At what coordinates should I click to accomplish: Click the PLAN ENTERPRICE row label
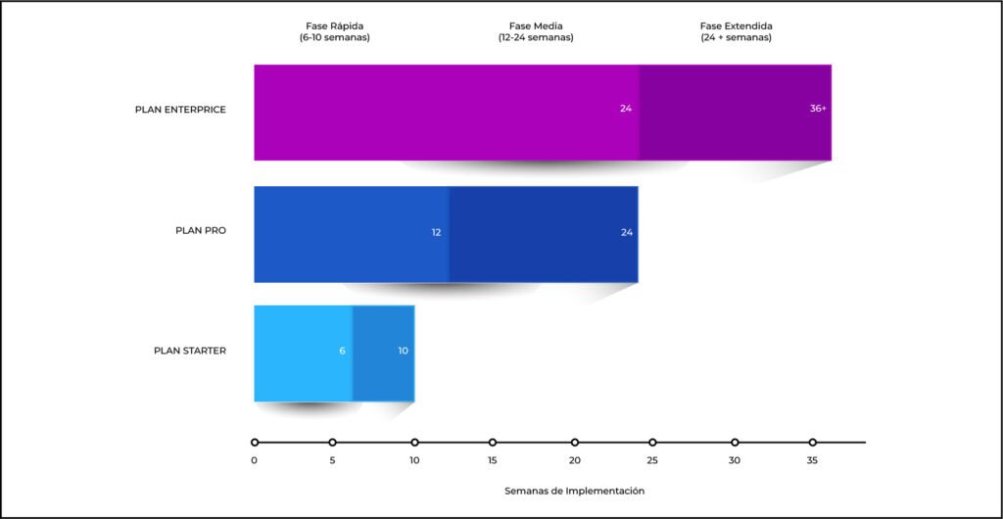[180, 110]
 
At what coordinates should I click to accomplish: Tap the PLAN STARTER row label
[190, 351]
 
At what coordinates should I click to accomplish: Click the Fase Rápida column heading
[334, 31]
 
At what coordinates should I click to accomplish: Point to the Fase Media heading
[536, 31]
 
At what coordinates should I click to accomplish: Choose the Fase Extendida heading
[736, 31]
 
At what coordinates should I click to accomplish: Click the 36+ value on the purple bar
[818, 109]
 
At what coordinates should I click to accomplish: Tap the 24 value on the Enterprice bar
[626, 109]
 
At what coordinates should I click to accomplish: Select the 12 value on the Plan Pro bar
[436, 232]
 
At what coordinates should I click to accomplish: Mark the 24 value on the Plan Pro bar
[626, 232]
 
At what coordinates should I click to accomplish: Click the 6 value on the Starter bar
[342, 351]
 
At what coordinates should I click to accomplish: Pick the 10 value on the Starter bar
[404, 351]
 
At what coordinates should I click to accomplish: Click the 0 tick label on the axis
[254, 460]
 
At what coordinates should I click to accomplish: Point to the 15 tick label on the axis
[493, 460]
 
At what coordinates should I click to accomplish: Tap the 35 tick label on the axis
[812, 460]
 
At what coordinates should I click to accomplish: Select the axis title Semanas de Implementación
[575, 491]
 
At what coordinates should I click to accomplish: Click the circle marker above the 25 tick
[652, 443]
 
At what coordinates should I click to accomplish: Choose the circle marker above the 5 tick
[332, 443]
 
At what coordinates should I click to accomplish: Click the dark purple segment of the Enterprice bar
[735, 137]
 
